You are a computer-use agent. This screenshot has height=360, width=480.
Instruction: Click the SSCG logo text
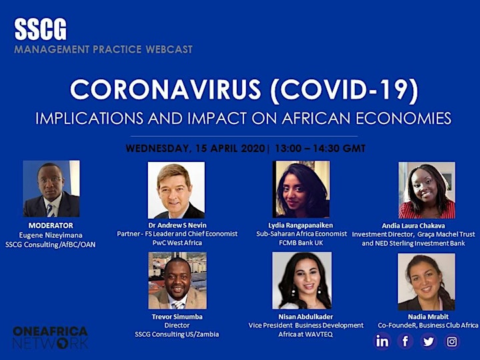point(41,29)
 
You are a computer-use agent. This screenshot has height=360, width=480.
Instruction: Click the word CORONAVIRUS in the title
point(165,90)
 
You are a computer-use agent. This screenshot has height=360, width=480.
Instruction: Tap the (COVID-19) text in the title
point(345,90)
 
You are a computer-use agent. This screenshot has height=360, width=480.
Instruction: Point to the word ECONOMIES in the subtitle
point(403,118)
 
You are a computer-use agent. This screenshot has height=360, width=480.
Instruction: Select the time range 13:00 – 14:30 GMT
point(320,149)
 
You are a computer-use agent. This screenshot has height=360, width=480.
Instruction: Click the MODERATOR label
point(51,225)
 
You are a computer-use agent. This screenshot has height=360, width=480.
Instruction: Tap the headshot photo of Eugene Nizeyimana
point(51,189)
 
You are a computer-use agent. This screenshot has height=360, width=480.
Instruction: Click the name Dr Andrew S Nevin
point(177,225)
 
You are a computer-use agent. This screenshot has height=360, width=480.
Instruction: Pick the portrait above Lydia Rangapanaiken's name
point(301,189)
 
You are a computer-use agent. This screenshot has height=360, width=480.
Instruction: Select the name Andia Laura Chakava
point(413,225)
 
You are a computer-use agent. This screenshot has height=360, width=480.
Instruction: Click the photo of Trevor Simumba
point(177,281)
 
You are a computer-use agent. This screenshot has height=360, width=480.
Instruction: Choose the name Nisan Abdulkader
point(305,317)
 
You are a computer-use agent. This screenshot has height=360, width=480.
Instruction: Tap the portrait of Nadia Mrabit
point(427,281)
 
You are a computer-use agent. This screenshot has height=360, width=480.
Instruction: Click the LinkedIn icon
point(382,341)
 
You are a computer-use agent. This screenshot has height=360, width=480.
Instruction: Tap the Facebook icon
point(405,341)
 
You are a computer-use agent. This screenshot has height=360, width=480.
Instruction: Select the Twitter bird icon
point(428,341)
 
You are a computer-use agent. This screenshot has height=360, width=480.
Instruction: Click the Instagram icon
point(452,341)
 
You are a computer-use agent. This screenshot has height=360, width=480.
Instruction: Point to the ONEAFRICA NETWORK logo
point(51,337)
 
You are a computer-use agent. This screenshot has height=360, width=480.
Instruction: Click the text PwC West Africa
point(177,243)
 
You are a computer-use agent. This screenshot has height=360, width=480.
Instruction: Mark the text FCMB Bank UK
point(301,243)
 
